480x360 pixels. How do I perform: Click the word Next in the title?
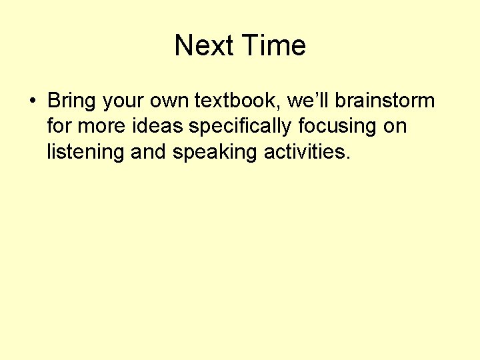point(204,46)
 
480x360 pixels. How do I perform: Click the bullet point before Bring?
point(32,102)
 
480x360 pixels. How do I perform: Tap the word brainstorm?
point(385,101)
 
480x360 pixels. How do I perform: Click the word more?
point(99,127)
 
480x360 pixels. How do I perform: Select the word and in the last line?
point(149,152)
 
